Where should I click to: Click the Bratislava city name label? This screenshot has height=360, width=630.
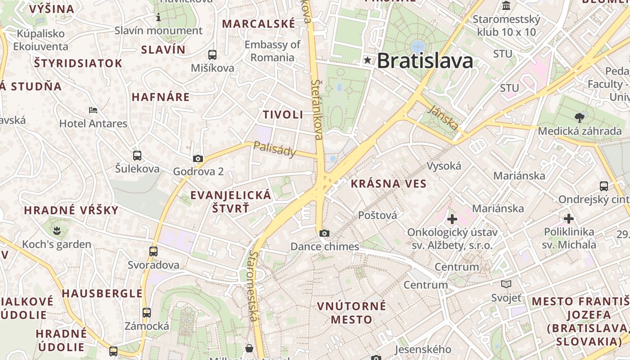click(425, 61)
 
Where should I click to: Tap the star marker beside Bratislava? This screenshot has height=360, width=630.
click(368, 60)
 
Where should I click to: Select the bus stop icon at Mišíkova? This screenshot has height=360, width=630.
click(212, 55)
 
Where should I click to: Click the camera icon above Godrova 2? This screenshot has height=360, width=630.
click(198, 158)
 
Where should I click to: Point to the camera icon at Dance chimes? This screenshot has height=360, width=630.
click(324, 233)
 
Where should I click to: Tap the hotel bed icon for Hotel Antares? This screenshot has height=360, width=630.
click(93, 110)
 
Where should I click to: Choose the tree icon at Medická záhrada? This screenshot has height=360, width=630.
click(579, 118)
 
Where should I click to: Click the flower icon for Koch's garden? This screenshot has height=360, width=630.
click(57, 231)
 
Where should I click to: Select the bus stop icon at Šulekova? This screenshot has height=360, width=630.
click(137, 156)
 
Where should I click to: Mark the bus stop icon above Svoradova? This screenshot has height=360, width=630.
click(153, 252)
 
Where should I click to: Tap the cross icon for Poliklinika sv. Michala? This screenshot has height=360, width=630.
click(569, 219)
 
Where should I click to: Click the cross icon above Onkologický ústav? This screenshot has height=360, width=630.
click(452, 219)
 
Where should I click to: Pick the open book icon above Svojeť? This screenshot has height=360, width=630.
click(506, 284)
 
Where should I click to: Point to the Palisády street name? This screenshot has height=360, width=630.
click(275, 149)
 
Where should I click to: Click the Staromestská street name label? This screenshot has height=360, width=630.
click(253, 287)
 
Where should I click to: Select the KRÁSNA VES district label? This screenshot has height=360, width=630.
click(388, 184)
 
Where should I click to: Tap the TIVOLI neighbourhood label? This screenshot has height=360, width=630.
click(283, 115)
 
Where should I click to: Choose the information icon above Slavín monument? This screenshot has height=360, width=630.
click(158, 18)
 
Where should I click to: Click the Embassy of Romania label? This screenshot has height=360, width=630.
click(272, 51)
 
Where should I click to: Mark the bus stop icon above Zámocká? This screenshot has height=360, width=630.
click(147, 312)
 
